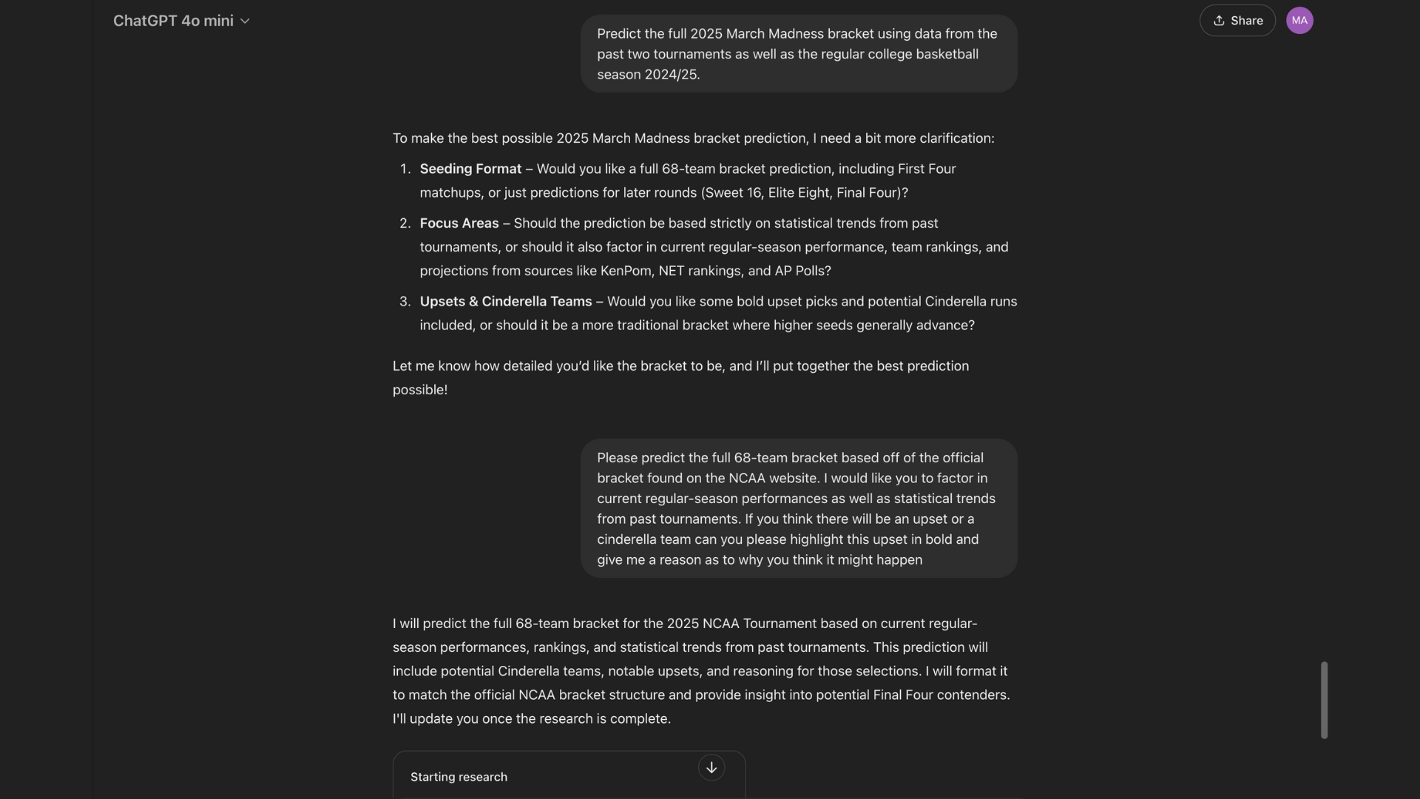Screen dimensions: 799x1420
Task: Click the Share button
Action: pos(1237,21)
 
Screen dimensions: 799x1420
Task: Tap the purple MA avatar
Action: pos(1299,21)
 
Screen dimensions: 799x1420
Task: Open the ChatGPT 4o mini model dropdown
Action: pos(181,21)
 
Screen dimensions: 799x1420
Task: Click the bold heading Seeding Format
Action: pos(470,169)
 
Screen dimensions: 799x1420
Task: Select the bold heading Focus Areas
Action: pos(459,223)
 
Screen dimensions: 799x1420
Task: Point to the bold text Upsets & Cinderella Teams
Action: pos(506,302)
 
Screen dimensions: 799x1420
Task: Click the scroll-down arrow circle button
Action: pos(711,768)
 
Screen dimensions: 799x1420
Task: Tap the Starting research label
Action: pos(459,777)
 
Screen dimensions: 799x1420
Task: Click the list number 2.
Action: pos(405,223)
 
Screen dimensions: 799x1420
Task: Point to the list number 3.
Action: pos(405,302)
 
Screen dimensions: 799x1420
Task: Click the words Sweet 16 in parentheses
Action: pos(733,192)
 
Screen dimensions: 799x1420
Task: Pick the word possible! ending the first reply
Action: pos(420,390)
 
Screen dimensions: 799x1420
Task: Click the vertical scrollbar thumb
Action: pos(1324,700)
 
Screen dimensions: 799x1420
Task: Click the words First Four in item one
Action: pos(926,169)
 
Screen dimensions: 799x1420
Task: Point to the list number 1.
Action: pos(405,169)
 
